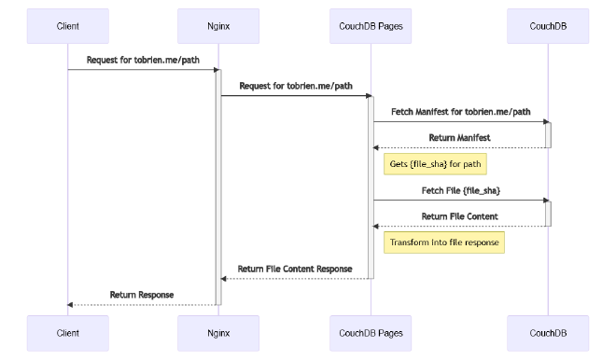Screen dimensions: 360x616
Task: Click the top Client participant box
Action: (67, 26)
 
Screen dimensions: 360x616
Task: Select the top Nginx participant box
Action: (218, 26)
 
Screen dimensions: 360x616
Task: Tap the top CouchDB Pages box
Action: (371, 26)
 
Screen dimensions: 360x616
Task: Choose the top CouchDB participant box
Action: (548, 26)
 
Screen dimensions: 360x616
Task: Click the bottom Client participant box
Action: (67, 332)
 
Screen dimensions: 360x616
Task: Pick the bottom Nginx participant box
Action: (218, 332)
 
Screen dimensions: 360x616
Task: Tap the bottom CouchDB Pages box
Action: (371, 332)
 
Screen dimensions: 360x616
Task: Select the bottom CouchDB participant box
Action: (548, 332)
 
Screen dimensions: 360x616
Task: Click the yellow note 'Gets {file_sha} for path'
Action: (436, 164)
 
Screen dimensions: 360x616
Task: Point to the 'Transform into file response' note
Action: (444, 242)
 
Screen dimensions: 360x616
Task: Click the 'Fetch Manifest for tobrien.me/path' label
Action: (460, 112)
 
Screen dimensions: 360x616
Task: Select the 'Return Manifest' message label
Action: (459, 138)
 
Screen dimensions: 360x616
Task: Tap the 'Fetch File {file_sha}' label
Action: (460, 190)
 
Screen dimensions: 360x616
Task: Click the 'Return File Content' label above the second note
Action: (459, 216)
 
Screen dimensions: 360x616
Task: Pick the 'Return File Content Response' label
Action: (295, 269)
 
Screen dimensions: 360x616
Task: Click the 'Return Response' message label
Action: (142, 295)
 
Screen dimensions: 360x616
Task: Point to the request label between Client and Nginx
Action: (143, 60)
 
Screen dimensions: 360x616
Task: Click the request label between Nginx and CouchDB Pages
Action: (296, 86)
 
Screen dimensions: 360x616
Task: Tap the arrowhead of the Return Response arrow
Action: (71, 304)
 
